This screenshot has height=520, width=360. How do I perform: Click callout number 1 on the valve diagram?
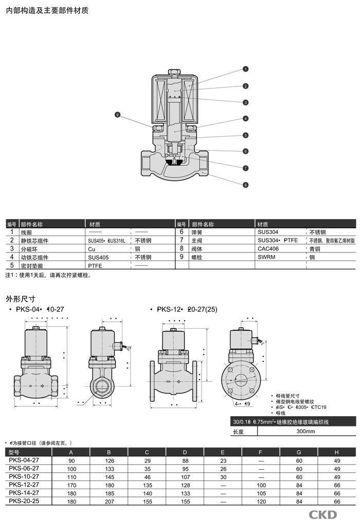(x=246, y=69)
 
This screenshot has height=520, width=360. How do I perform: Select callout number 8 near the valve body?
(x=246, y=185)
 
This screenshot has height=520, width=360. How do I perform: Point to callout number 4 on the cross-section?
(x=246, y=119)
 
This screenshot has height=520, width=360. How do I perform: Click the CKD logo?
(x=322, y=514)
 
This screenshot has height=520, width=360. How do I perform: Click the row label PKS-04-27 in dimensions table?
(x=24, y=460)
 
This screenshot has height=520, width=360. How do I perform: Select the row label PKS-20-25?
(x=24, y=501)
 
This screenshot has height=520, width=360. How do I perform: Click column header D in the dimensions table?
(x=186, y=452)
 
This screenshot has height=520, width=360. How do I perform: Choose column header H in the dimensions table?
(x=337, y=452)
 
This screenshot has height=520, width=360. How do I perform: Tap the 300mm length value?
(x=305, y=432)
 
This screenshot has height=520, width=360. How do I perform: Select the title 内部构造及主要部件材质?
(x=47, y=10)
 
